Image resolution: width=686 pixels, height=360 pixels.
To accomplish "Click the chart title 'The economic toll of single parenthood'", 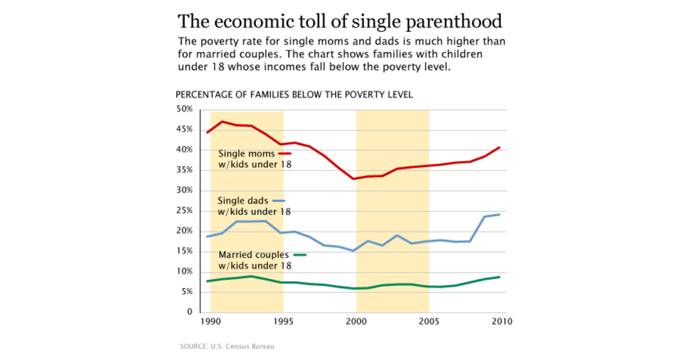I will point(340,22).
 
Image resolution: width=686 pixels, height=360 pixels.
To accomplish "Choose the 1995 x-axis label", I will point(284,321).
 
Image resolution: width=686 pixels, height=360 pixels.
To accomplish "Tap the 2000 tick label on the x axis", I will point(356,321).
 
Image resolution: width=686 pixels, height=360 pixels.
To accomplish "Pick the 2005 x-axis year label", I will point(429,321).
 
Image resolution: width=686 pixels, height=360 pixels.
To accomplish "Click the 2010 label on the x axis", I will point(501,321).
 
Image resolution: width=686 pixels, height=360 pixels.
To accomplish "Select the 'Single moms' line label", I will point(247,154).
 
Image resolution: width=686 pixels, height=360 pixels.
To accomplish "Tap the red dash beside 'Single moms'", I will point(285,154).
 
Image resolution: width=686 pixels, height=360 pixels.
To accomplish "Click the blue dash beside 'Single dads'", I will point(278,201).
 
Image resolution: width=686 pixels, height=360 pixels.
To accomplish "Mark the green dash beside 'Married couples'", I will point(300,255).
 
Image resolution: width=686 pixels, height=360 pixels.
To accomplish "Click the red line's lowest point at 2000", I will point(354,179).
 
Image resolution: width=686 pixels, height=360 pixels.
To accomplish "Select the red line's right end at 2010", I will point(501,147).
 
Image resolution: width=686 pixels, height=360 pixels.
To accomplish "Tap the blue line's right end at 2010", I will point(501,214).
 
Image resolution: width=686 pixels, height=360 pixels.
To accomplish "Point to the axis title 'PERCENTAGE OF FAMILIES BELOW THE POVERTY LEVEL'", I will point(294,94).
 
